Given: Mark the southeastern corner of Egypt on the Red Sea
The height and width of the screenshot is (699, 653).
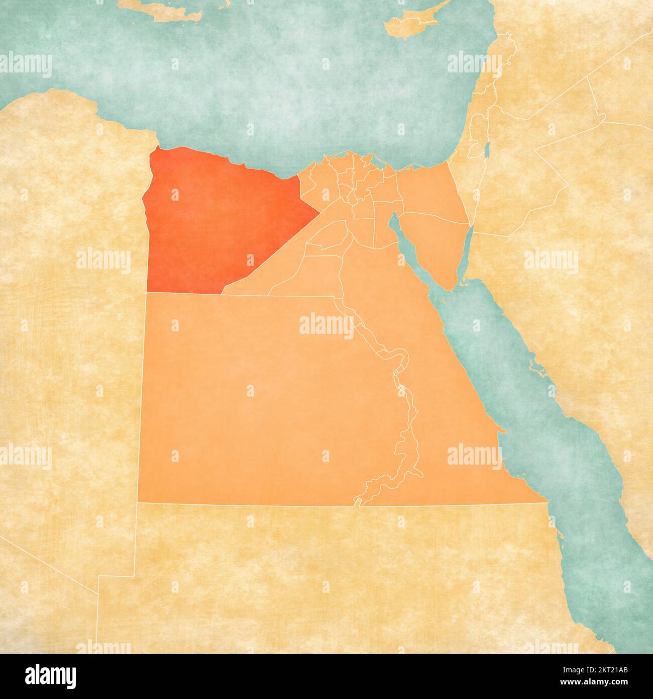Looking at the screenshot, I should click(547, 501).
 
